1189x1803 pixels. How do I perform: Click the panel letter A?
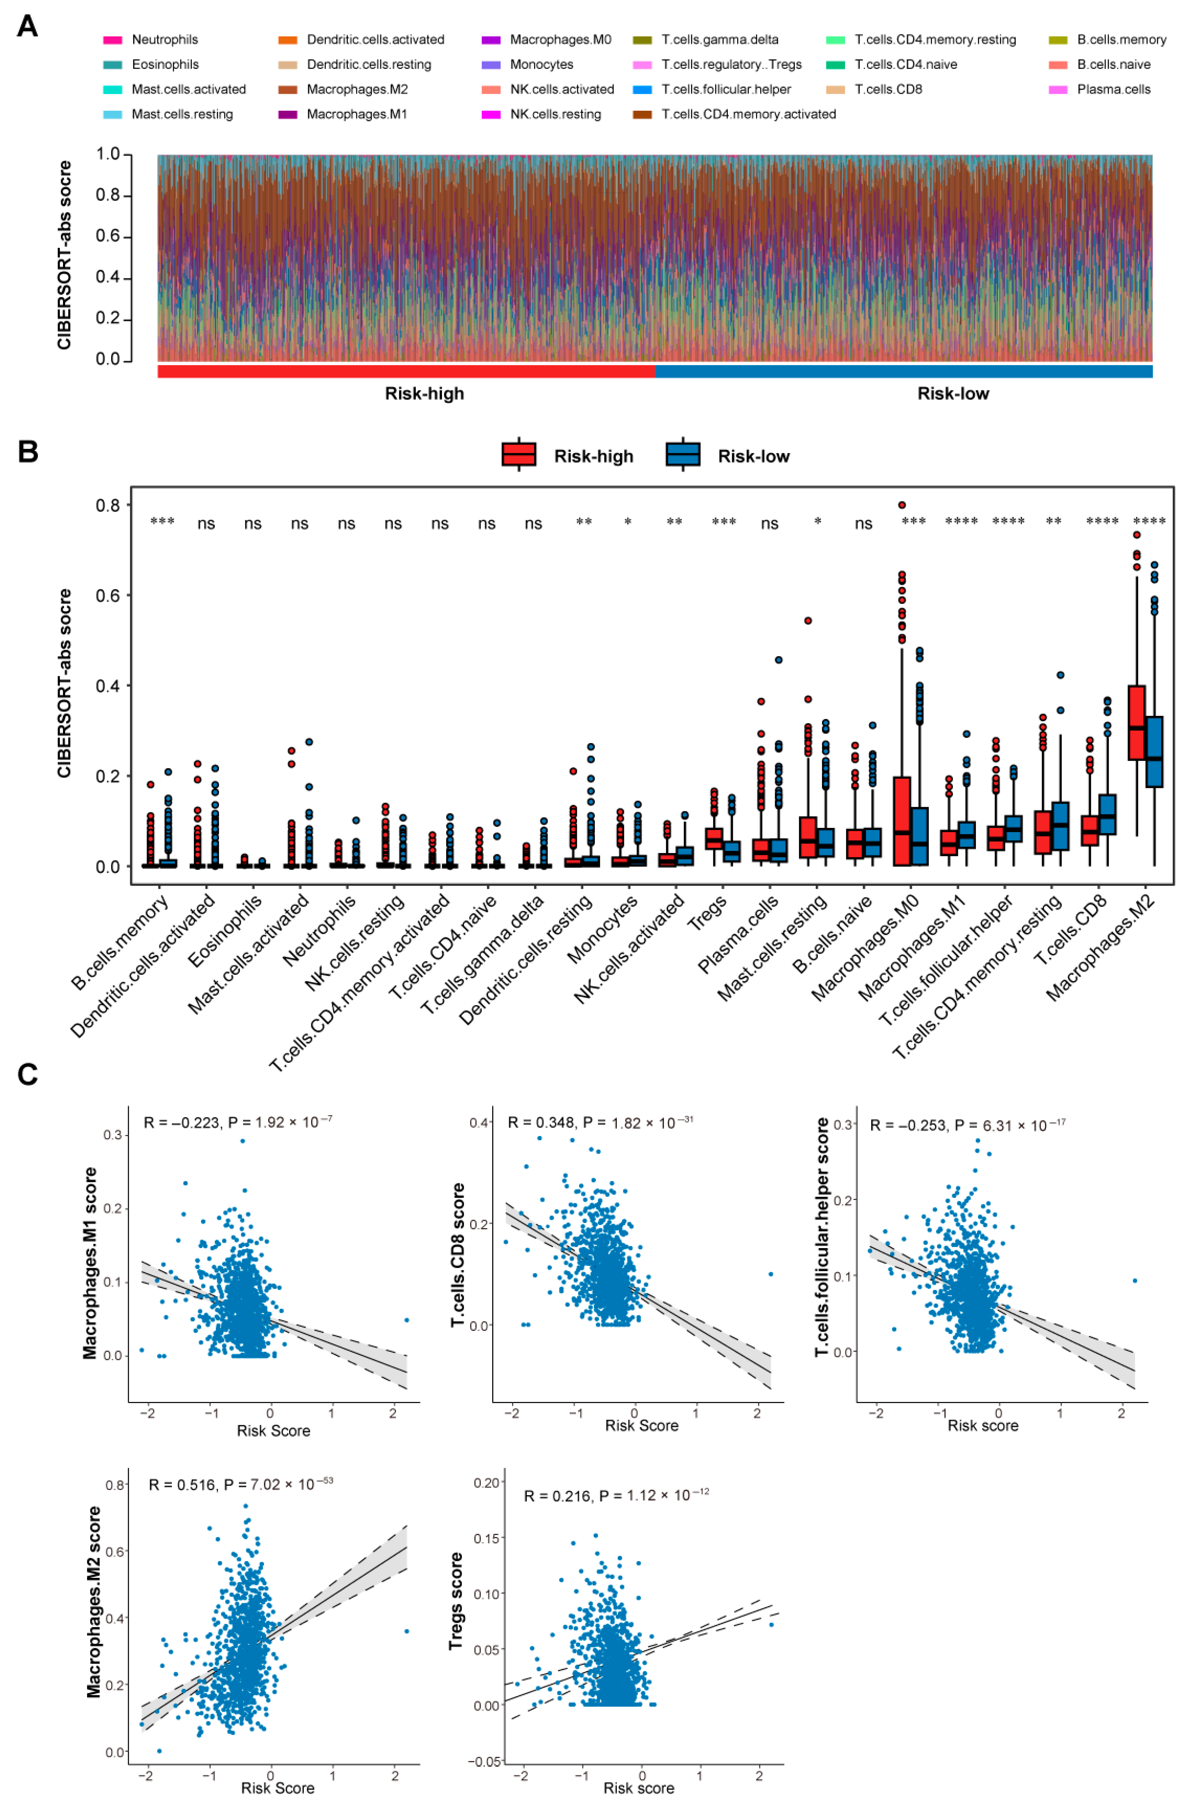pyautogui.click(x=27, y=27)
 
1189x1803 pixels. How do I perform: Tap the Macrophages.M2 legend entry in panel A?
pyautogui.click(x=356, y=89)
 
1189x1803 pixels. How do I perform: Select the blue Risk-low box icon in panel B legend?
pyautogui.click(x=683, y=454)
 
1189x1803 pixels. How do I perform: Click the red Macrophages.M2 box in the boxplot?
pyautogui.click(x=1136, y=722)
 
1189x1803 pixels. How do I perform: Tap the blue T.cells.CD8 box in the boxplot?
pyautogui.click(x=1107, y=814)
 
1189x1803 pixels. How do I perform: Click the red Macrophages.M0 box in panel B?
pyautogui.click(x=902, y=821)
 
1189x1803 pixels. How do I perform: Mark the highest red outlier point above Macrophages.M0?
pyautogui.click(x=902, y=505)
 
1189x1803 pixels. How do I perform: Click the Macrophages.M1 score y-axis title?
pyautogui.click(x=90, y=1262)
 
